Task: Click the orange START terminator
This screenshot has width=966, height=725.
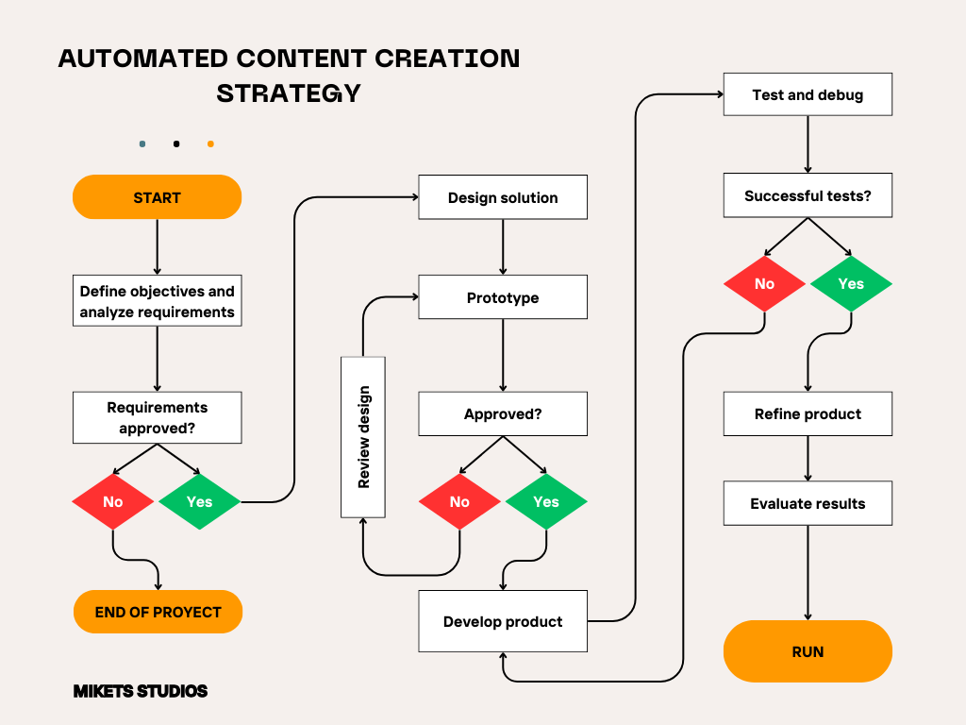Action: coord(157,197)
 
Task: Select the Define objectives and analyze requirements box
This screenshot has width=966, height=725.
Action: coord(157,301)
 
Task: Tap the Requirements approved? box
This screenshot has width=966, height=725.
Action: coord(157,418)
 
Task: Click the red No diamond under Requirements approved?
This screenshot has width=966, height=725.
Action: coord(113,501)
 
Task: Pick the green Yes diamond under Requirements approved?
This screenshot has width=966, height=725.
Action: coord(200,501)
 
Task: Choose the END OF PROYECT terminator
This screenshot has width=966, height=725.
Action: coord(158,612)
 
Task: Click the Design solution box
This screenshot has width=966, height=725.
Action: coord(503,197)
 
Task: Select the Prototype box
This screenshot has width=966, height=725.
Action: coord(503,297)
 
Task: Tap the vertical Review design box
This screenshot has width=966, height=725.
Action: coord(363,437)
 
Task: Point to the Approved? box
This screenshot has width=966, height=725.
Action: coord(503,413)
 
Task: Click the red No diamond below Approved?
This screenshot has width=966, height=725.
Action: coord(459,501)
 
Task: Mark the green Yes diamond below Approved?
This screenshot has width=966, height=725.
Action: coord(546,501)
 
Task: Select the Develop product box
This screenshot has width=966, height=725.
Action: coord(503,621)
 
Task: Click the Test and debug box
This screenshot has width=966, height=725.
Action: coord(808,94)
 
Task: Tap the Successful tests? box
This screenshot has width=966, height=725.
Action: coord(808,196)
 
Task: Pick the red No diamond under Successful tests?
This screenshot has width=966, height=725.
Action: coord(764,283)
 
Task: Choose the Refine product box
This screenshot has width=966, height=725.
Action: coord(808,413)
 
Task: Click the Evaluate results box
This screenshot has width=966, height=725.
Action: coord(808,503)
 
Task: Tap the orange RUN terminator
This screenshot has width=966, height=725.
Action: coord(808,651)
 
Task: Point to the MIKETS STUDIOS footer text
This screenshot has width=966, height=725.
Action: coord(141,691)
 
